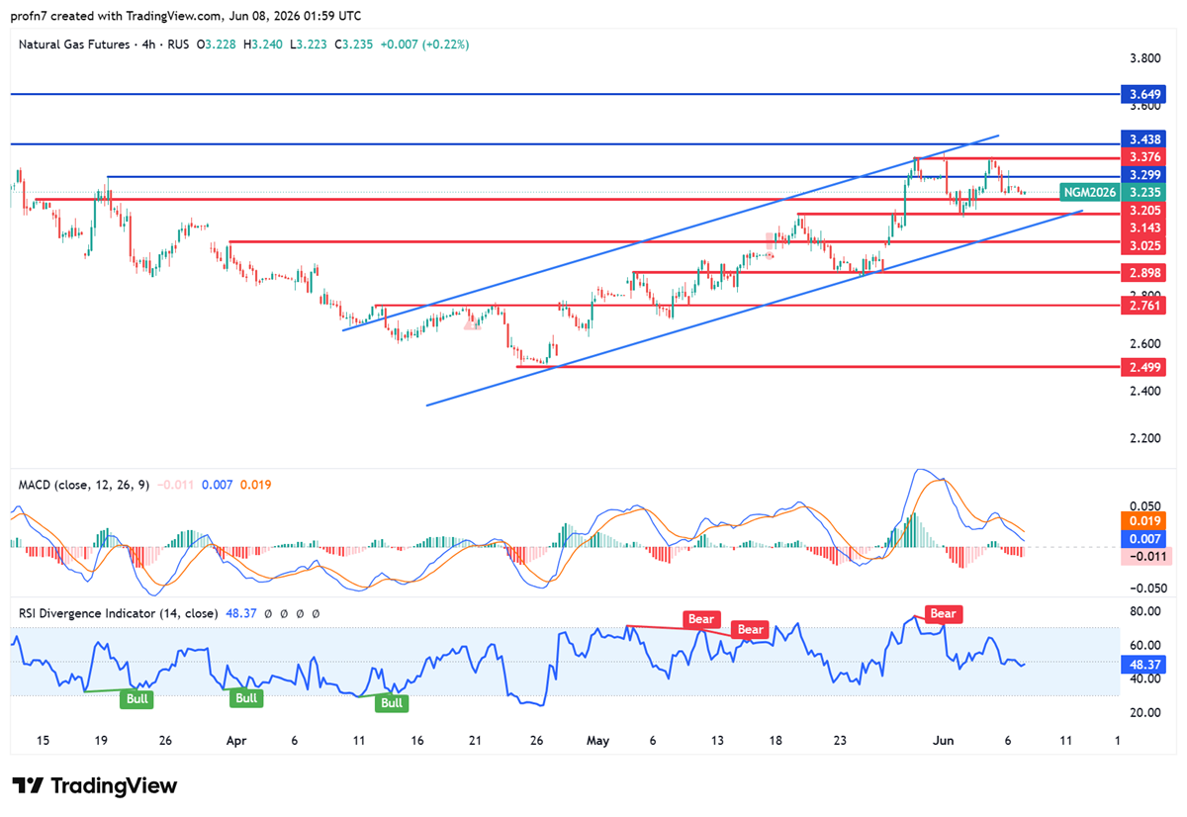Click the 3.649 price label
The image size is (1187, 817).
pos(1143,94)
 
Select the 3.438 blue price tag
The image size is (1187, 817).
pos(1143,139)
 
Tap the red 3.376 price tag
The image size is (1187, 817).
pos(1143,157)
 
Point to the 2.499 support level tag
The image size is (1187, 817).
pos(1143,367)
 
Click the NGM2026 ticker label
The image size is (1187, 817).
pos(1089,192)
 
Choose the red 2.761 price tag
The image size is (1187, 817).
pos(1143,306)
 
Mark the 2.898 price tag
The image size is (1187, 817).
pos(1143,273)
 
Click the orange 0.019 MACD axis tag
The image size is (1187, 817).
pos(1143,521)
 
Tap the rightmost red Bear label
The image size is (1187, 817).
pos(944,613)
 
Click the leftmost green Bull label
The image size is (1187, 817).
pos(137,699)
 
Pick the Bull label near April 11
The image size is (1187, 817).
pos(392,703)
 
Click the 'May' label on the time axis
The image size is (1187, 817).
pos(597,741)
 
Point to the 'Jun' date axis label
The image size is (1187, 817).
pos(944,741)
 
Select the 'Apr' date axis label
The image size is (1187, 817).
pos(236,741)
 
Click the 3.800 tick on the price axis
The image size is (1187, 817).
pos(1145,58)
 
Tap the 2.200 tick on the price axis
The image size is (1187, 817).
pos(1145,438)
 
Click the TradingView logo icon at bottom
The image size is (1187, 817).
pos(28,785)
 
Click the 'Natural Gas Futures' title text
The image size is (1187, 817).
pos(74,45)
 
